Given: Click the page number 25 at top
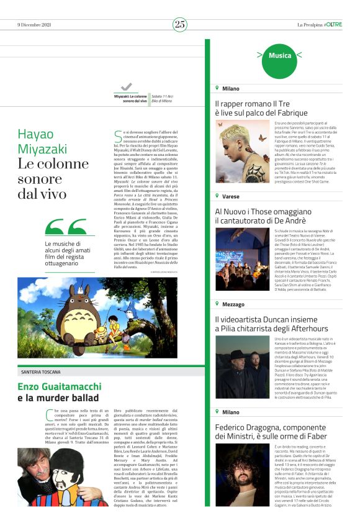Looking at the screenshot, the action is (x=180, y=24).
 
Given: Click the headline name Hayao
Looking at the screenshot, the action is (x=35, y=134).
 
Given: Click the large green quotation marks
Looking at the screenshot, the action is (x=65, y=228).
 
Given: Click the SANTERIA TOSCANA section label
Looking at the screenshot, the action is (x=45, y=371).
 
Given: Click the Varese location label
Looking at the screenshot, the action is (x=231, y=196).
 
